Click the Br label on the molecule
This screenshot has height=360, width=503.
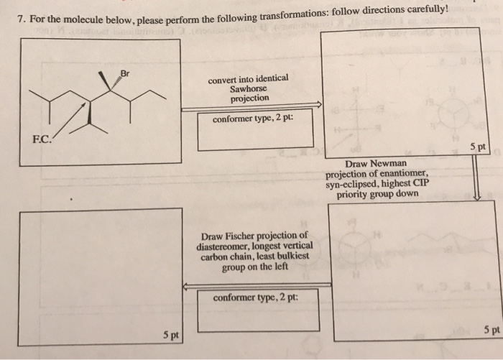(125, 74)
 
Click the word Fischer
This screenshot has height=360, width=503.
(246, 236)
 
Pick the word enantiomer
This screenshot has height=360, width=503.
(402, 173)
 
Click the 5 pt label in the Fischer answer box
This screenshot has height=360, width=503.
(170, 335)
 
